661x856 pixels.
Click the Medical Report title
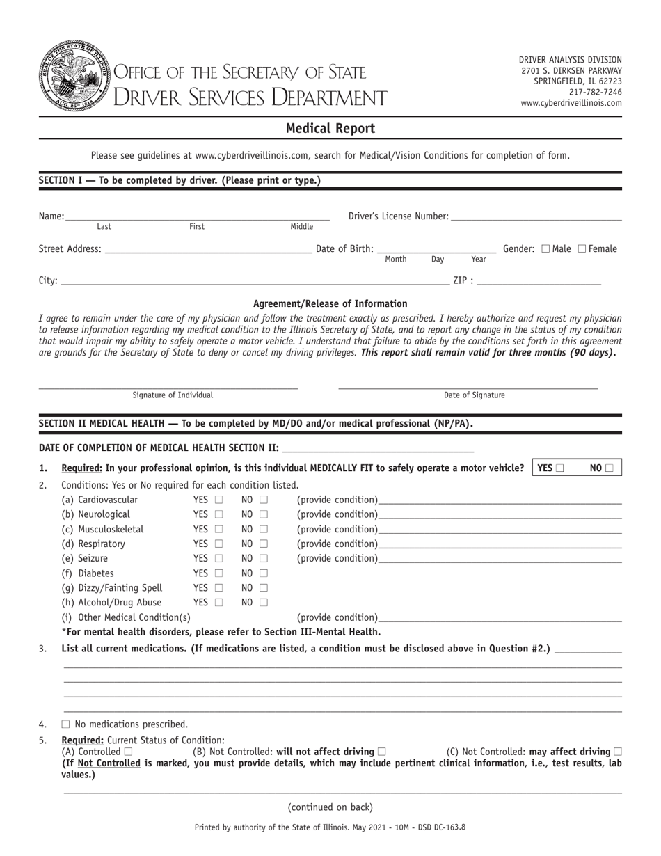(330, 128)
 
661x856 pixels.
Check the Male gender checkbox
(545, 248)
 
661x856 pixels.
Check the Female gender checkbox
(582, 248)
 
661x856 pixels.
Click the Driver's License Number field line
(536, 219)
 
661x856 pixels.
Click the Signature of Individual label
(173, 395)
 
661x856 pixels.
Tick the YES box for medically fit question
(560, 468)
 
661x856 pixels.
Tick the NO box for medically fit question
(610, 468)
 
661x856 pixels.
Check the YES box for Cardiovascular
(218, 500)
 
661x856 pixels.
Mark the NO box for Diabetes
(264, 574)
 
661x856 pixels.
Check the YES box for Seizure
(218, 559)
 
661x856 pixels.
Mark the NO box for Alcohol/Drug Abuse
(264, 603)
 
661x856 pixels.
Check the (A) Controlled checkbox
(128, 752)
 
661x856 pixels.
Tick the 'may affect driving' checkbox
(617, 752)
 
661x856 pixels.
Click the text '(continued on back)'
(330, 807)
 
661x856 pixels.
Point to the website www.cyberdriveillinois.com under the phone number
(571, 103)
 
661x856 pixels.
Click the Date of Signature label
(475, 395)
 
